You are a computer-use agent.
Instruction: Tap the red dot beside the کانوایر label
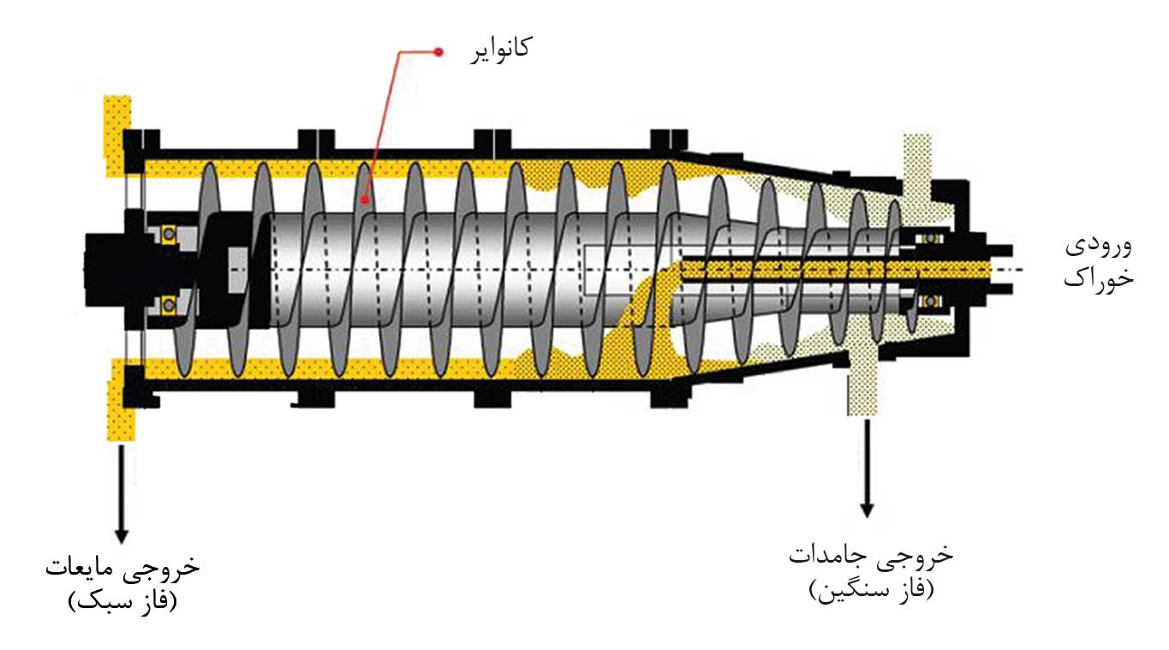coord(438,52)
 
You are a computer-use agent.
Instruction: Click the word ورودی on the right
coord(1098,247)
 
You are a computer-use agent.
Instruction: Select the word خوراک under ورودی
coord(1099,279)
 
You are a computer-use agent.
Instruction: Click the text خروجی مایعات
coord(122,567)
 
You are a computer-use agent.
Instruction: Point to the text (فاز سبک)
coord(122,600)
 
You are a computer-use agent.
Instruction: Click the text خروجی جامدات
coord(870,554)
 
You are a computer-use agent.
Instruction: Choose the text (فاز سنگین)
coord(870,589)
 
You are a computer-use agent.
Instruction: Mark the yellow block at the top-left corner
coord(117,133)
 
